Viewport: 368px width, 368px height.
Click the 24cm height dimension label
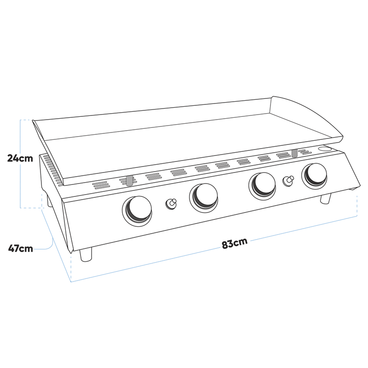[x=20, y=158]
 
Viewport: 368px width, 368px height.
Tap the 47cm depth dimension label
[x=21, y=248]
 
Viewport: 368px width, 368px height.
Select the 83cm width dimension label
[x=235, y=243]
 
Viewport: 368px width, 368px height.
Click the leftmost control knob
[x=137, y=211]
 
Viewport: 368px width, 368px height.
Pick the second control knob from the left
[x=203, y=198]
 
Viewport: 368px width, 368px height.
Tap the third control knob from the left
[x=262, y=186]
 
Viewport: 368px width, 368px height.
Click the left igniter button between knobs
[x=171, y=204]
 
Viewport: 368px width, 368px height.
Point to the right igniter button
[x=288, y=181]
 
